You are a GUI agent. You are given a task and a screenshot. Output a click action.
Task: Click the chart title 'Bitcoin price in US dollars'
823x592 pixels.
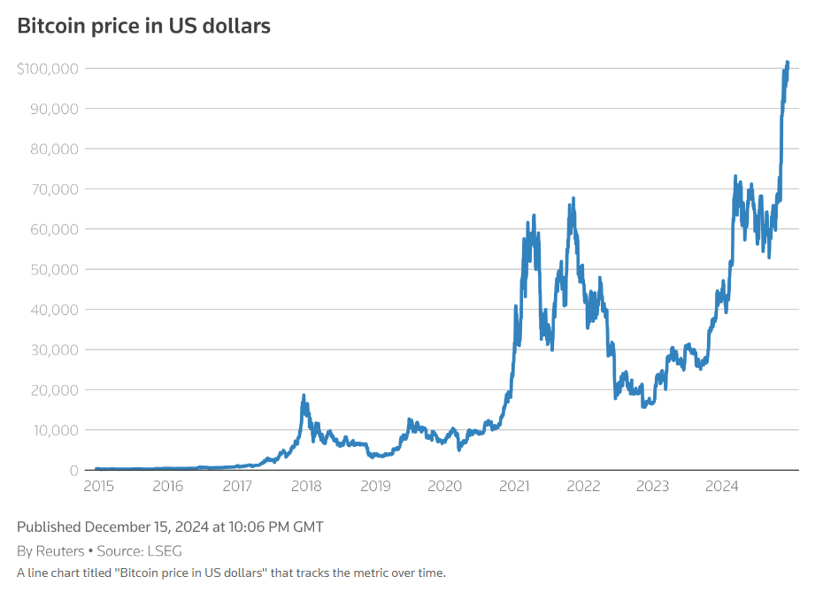click(143, 26)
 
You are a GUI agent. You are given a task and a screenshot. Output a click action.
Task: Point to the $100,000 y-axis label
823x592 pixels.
click(48, 69)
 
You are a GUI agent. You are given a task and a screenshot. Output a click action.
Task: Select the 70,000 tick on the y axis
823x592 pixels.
click(54, 189)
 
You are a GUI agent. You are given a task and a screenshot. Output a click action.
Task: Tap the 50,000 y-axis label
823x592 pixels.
click(54, 269)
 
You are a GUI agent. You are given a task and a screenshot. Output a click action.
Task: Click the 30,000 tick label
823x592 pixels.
click(54, 350)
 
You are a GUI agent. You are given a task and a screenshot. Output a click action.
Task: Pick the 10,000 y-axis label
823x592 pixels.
click(54, 430)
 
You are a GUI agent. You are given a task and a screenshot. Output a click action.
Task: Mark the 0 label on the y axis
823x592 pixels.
click(73, 470)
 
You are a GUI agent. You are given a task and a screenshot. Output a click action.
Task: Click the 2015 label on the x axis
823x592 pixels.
click(98, 486)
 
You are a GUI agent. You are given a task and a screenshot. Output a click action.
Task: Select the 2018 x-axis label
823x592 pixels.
click(306, 486)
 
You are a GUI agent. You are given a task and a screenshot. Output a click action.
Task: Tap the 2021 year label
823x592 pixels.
click(514, 486)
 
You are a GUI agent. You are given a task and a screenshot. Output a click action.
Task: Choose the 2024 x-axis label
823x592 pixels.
click(722, 486)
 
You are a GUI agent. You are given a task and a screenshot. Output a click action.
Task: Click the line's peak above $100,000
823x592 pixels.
click(788, 63)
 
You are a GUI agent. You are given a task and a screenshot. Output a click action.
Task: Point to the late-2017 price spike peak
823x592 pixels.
click(304, 396)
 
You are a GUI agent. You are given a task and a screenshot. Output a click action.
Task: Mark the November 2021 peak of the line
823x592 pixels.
click(573, 198)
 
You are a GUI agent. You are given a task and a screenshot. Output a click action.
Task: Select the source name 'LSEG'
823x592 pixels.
click(164, 550)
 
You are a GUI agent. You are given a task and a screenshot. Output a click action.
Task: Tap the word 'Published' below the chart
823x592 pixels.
click(49, 527)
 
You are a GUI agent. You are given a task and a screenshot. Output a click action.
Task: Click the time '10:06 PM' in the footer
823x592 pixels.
click(255, 527)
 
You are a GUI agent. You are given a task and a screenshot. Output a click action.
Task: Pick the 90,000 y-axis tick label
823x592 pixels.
click(54, 109)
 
